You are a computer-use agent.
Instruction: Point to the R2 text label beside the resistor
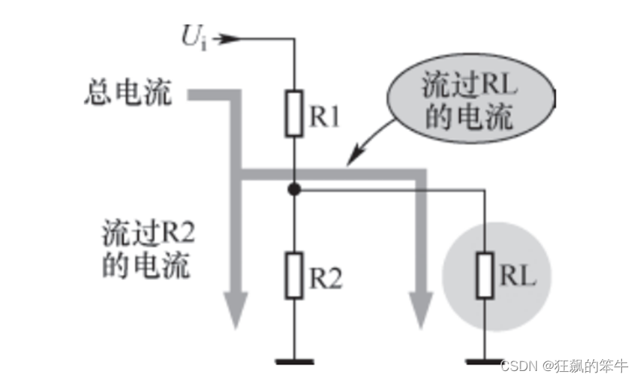click(326, 278)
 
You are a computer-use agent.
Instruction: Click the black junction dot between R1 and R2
click(295, 190)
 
